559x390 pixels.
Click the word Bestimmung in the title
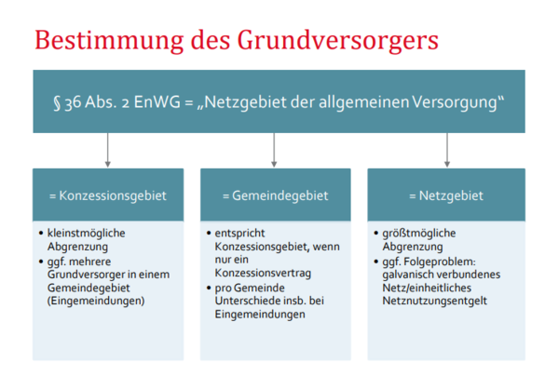pyautogui.click(x=109, y=40)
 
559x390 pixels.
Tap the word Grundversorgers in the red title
pyautogui.click(x=337, y=40)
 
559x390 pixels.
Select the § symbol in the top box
pyautogui.click(x=57, y=103)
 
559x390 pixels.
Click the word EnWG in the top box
pyautogui.click(x=157, y=102)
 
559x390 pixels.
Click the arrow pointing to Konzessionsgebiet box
pyautogui.click(x=108, y=150)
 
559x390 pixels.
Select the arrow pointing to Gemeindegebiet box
pyautogui.click(x=274, y=150)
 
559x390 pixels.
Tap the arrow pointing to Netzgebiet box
pyautogui.click(x=447, y=150)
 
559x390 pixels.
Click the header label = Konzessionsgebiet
pyautogui.click(x=108, y=195)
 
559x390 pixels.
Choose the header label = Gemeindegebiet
pyautogui.click(x=275, y=195)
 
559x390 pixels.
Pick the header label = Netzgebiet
pyautogui.click(x=446, y=195)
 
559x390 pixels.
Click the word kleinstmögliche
pyautogui.click(x=87, y=234)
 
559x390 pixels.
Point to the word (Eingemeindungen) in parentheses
pyautogui.click(x=96, y=301)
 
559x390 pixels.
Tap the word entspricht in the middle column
pyautogui.click(x=239, y=234)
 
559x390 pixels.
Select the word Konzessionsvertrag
pyautogui.click(x=263, y=273)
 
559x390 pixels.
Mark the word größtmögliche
pyautogui.click(x=419, y=234)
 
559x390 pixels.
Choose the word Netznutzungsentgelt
pyautogui.click(x=434, y=301)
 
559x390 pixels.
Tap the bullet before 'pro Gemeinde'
pyautogui.click(x=209, y=288)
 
